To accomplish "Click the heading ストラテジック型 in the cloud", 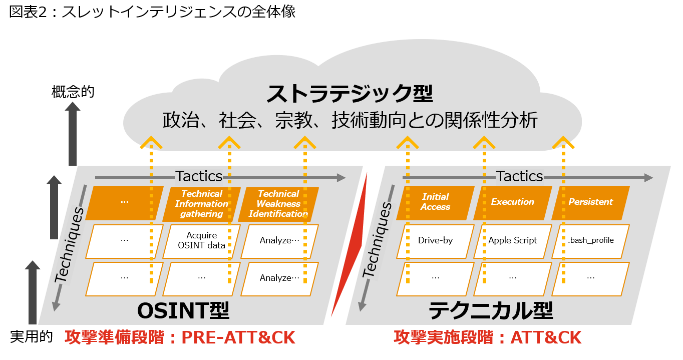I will click(350, 94).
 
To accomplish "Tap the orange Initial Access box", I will click(435, 202).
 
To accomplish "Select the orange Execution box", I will click(512, 202).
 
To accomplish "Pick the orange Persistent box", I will click(590, 202).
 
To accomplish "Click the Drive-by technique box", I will click(435, 241).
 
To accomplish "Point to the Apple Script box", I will click(512, 241).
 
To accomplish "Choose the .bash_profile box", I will click(590, 241).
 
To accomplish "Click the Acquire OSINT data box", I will click(201, 241).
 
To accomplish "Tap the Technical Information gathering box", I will click(201, 204).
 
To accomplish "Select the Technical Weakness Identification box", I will click(278, 204).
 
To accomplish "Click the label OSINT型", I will click(183, 311).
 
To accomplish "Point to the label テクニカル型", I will click(491, 311).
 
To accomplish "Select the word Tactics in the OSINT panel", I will click(199, 177).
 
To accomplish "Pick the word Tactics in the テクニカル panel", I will click(520, 177).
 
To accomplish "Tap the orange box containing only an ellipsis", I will click(125, 202).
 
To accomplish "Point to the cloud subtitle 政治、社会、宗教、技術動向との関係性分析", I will click(350, 121).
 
